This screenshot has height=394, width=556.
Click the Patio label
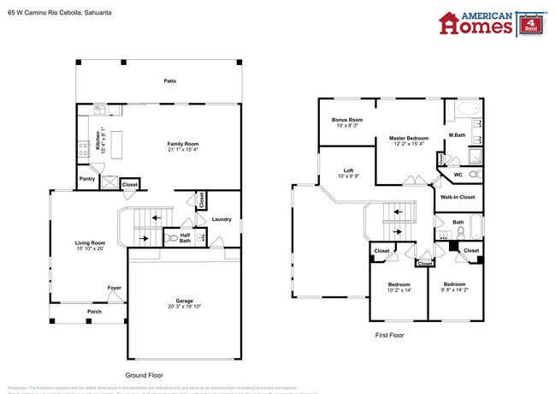pyautogui.click(x=170, y=81)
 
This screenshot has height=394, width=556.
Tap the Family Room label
pyautogui.click(x=182, y=144)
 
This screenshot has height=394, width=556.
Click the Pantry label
pyautogui.click(x=87, y=179)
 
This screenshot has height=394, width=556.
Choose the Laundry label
pyautogui.click(x=222, y=219)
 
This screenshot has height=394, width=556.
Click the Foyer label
pyautogui.click(x=114, y=288)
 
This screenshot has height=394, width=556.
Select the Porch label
pyautogui.click(x=93, y=312)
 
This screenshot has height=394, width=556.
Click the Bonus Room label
pyautogui.click(x=347, y=120)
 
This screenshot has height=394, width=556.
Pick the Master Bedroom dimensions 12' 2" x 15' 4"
pyautogui.click(x=408, y=143)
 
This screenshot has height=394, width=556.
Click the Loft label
pyautogui.click(x=349, y=170)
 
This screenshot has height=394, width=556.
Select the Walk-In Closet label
pyautogui.click(x=457, y=197)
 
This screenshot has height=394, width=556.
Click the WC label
pyautogui.click(x=458, y=175)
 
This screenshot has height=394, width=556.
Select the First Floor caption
pyautogui.click(x=389, y=335)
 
